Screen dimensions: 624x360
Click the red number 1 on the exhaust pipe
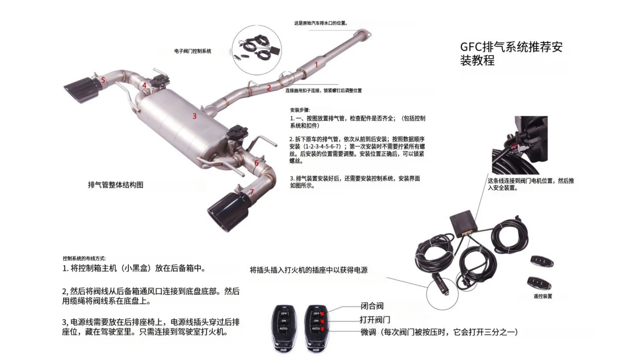point(316,65)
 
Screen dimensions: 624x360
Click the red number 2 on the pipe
point(269,88)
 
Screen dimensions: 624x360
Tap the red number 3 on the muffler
point(194,116)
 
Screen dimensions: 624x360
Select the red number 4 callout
point(144,85)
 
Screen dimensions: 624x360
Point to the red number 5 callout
point(103,80)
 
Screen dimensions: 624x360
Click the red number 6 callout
point(256,163)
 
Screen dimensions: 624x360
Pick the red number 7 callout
point(252,192)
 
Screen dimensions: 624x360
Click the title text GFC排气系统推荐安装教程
point(511,53)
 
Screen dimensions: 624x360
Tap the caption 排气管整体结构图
point(116,185)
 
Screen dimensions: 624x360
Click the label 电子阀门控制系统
point(193,51)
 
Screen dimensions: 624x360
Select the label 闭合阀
point(372,306)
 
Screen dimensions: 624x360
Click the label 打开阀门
point(375,320)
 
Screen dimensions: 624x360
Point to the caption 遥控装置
point(543,296)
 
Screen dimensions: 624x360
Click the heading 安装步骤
point(300,110)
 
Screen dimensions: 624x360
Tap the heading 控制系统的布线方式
point(84,258)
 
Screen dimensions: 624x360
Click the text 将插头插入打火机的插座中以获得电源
point(309,270)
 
